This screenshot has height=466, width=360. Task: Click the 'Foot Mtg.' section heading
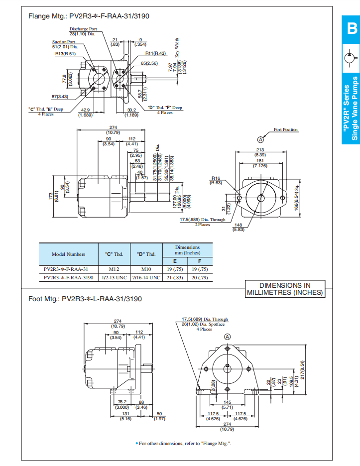click(85, 299)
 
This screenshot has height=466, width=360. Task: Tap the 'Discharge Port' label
click(83, 29)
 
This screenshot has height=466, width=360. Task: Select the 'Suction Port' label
click(64, 42)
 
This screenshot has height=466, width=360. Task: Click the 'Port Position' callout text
click(286, 130)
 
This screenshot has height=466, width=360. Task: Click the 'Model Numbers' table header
click(69, 254)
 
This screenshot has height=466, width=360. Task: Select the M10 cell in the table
click(146, 268)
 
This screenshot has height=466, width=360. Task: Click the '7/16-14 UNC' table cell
click(146, 277)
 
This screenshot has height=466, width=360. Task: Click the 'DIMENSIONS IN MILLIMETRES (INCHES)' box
click(285, 289)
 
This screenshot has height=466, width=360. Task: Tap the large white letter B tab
click(351, 29)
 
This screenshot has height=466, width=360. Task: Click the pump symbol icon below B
click(351, 58)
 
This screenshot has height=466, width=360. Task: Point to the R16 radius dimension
click(216, 180)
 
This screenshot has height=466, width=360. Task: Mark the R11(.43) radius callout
click(155, 53)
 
